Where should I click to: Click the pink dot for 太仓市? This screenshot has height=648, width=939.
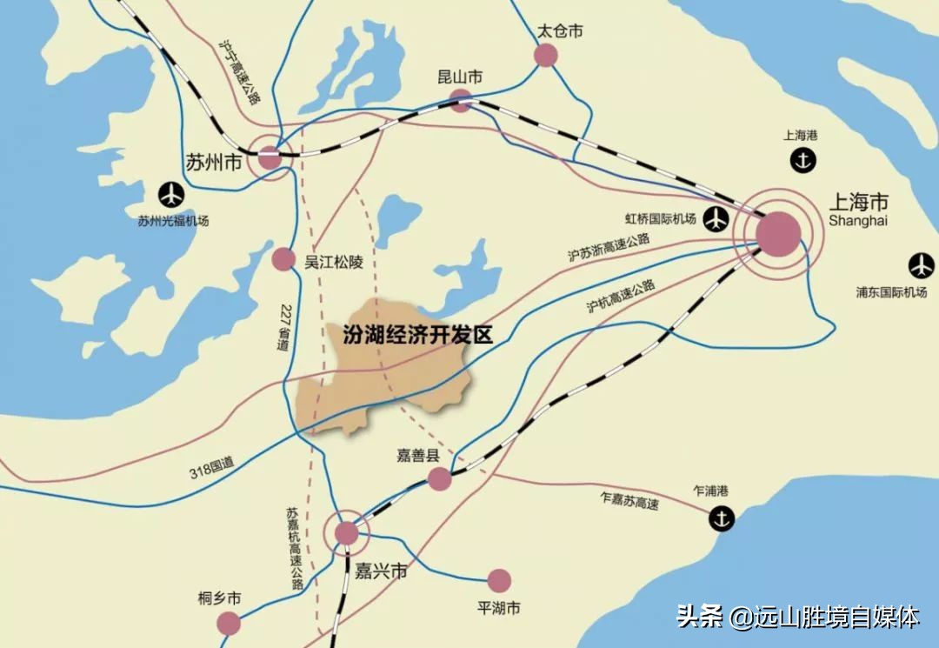(546, 56)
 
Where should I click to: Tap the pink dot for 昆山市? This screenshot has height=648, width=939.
(461, 102)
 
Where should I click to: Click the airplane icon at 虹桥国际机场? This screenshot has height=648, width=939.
(716, 218)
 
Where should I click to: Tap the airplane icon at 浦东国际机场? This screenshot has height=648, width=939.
(921, 265)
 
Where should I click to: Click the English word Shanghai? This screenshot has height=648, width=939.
(859, 221)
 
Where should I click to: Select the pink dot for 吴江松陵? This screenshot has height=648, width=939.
(283, 258)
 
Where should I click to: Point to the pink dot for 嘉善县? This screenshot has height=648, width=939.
(440, 478)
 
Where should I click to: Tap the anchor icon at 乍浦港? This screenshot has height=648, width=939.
(721, 518)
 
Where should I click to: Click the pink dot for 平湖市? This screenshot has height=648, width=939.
(499, 580)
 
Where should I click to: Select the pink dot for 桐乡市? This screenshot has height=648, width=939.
(229, 623)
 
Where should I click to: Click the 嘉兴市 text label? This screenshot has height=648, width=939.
(381, 572)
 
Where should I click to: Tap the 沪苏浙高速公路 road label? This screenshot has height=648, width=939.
(609, 247)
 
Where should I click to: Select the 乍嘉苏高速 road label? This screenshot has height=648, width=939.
(629, 499)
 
